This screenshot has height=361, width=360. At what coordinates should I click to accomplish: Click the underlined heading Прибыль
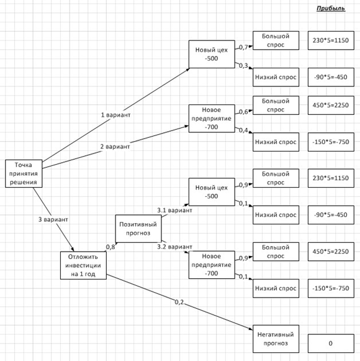point(331,9)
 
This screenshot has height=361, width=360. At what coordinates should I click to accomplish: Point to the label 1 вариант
point(115,115)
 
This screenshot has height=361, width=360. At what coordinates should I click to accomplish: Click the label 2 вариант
point(115,147)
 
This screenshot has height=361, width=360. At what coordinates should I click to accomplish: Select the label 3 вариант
point(53,219)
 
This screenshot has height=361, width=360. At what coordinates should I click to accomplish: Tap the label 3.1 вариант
point(174,210)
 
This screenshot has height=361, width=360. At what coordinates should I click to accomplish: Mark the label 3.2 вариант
point(174,247)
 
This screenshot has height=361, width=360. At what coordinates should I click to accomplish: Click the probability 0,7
point(243,47)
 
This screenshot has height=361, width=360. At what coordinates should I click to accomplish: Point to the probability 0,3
point(243,66)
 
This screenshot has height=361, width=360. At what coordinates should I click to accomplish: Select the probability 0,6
point(243,112)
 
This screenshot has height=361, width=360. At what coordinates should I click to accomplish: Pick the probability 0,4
point(243,130)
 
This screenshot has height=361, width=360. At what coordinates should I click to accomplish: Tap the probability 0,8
point(110,247)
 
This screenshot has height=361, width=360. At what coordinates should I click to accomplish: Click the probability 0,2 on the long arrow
point(179,302)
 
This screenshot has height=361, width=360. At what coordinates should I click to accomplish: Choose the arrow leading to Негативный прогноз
point(179,302)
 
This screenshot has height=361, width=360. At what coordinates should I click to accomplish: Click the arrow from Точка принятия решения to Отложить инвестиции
point(53,219)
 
